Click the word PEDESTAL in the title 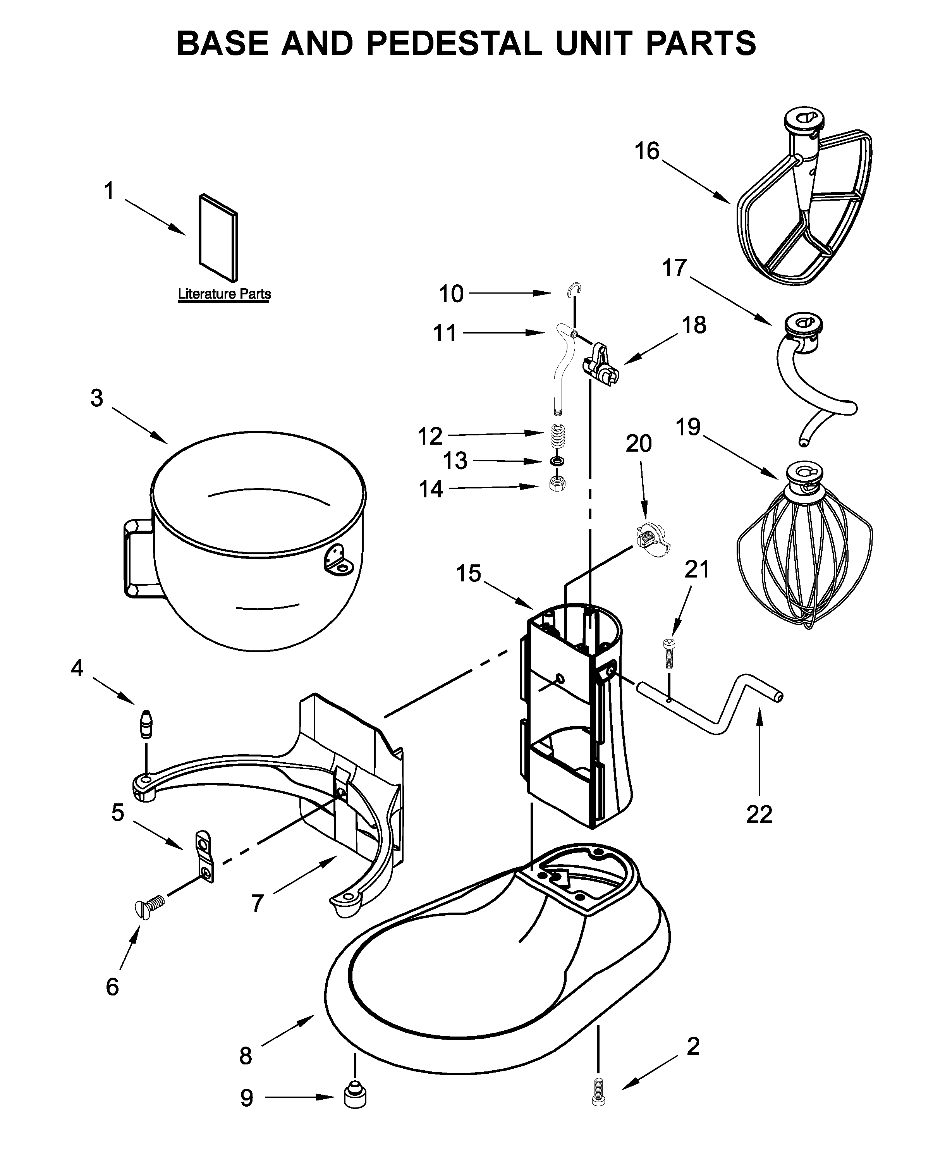[x=454, y=43]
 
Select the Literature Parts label [x=224, y=294]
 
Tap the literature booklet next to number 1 [x=218, y=237]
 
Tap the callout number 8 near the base [x=246, y=1056]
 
